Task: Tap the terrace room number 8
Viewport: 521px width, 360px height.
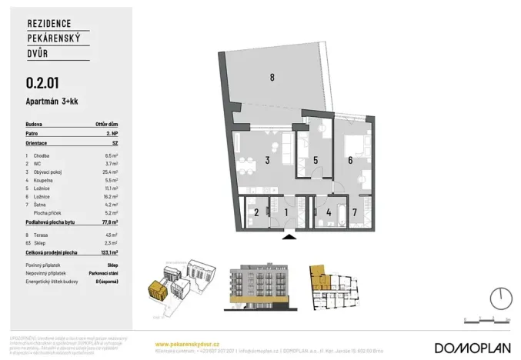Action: [272, 77]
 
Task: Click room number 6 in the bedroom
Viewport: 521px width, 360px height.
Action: [350, 161]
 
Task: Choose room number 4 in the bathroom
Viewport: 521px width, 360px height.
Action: [329, 212]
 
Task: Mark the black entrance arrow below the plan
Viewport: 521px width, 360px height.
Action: [288, 238]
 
